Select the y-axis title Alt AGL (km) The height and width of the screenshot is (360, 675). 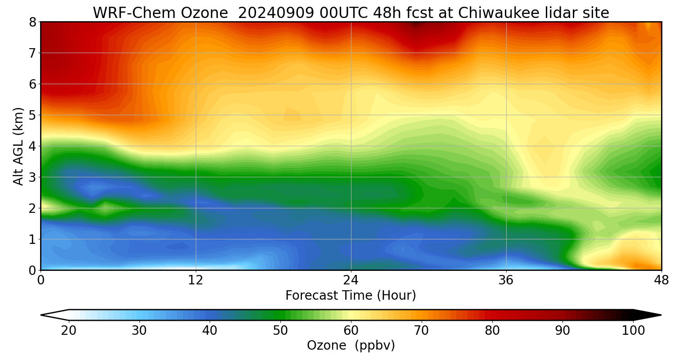click(18, 146)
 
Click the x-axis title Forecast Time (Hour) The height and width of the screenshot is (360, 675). click(351, 296)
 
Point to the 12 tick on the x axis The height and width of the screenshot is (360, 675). click(196, 280)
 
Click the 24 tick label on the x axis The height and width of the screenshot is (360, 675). click(351, 280)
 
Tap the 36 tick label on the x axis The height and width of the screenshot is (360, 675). click(506, 280)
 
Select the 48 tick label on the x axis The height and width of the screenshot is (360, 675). click(661, 280)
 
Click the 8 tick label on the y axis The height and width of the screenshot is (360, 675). click(32, 22)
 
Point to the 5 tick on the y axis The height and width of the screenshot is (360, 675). click(32, 115)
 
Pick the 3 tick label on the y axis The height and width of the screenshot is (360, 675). click(32, 177)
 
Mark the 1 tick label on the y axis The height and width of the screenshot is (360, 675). click(32, 239)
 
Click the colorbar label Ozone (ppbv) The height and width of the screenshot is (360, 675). click(351, 346)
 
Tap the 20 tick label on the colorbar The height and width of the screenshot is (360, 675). click(69, 331)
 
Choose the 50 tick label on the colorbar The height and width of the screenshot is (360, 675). click(280, 331)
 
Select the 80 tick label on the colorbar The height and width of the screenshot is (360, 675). click(492, 331)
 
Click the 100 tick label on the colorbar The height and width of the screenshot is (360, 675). click(633, 331)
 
